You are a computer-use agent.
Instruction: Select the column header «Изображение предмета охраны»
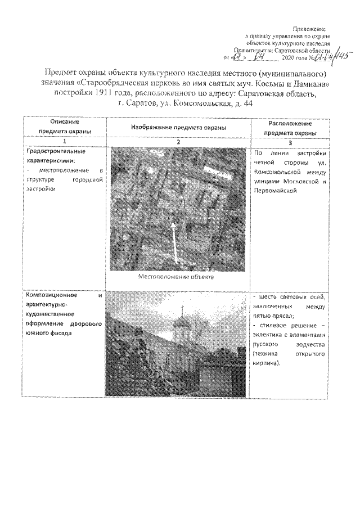point(178,128)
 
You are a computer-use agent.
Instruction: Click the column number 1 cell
point(64,142)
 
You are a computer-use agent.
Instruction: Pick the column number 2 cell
point(178,142)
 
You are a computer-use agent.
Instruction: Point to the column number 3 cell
point(291,142)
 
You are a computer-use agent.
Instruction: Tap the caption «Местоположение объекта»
point(177,277)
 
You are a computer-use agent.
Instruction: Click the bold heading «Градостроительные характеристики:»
point(51,156)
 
